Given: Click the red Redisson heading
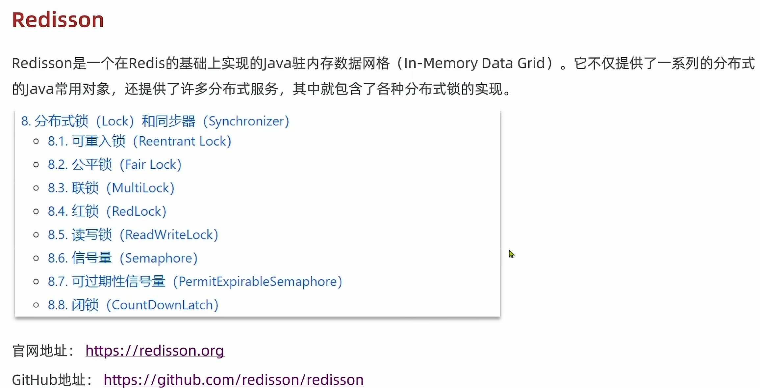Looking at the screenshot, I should (58, 20).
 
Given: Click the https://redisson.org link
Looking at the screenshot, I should (155, 350).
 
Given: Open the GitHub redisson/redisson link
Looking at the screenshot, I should (234, 380).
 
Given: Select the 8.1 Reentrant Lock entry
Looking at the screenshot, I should (139, 141).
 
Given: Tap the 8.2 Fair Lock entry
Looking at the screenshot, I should (114, 164).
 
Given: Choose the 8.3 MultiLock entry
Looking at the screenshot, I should (111, 188).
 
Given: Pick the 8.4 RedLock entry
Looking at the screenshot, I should (107, 211).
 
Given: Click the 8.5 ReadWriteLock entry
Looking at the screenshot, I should (133, 235).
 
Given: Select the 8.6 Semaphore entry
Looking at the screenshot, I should (122, 258).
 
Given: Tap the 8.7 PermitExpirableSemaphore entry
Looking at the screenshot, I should (195, 281).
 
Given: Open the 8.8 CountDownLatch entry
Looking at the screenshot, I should (133, 305).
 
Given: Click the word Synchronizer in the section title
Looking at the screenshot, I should (246, 121).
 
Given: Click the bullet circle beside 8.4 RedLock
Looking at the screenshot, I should (36, 211).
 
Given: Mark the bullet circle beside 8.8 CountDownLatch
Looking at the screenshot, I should (36, 305).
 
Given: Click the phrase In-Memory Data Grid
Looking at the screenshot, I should (474, 63).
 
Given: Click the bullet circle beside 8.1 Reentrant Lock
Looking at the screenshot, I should (36, 141).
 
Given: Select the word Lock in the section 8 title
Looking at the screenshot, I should (114, 121).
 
